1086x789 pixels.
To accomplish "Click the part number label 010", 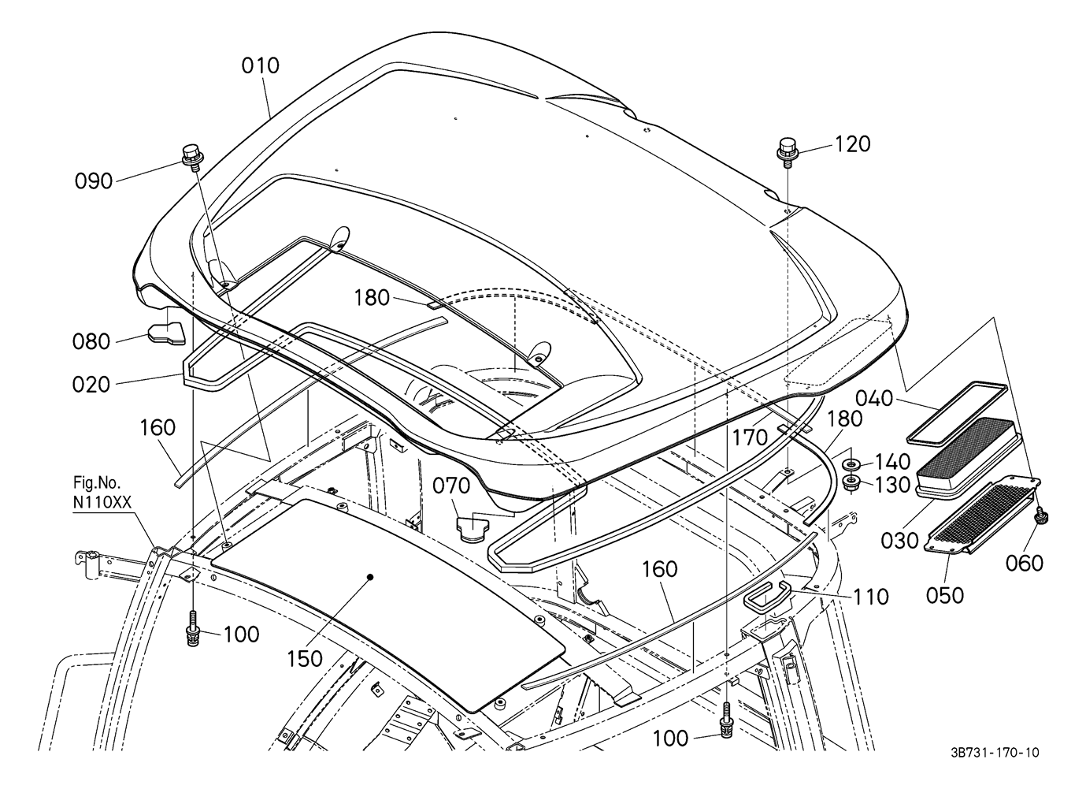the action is [x=261, y=65].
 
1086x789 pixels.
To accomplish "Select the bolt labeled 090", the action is [x=193, y=157].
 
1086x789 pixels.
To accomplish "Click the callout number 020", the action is [x=91, y=385].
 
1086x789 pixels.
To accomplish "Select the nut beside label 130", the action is [x=851, y=483].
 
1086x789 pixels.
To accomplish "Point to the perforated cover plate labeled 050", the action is [x=981, y=515].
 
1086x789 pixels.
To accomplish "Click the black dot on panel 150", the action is [x=370, y=577].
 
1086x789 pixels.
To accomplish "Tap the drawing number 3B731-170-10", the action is [x=994, y=753].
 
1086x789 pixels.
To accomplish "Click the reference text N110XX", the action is [x=102, y=503].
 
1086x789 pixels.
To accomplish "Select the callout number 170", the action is [x=750, y=438].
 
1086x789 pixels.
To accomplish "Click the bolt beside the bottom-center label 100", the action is [x=726, y=720].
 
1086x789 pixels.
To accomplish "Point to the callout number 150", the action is [x=305, y=659].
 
